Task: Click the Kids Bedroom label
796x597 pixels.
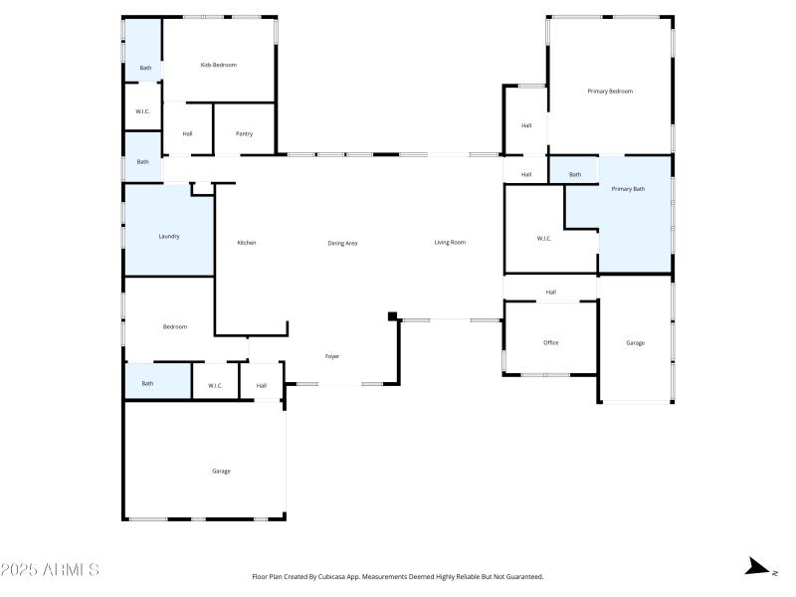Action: [218, 65]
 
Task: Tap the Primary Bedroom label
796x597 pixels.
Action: [610, 91]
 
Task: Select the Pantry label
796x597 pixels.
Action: [244, 133]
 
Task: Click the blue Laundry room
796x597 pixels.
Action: [169, 236]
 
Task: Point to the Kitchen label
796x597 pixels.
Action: [247, 243]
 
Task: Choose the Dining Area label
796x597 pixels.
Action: [342, 243]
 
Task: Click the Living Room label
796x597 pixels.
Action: [450, 242]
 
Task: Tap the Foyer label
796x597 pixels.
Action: [332, 355]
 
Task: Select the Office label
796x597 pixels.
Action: [550, 342]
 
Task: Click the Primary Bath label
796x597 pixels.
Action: [628, 188]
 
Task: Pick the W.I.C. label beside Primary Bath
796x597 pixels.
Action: [544, 238]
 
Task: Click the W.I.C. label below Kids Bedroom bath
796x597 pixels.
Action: [143, 111]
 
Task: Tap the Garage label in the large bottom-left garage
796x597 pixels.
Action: [221, 471]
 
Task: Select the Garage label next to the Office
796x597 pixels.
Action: [635, 342]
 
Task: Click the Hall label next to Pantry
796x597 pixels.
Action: [187, 133]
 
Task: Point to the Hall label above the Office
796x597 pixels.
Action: [550, 292]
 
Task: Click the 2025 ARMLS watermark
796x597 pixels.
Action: [50, 570]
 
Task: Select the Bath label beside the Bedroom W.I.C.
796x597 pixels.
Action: [147, 383]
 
